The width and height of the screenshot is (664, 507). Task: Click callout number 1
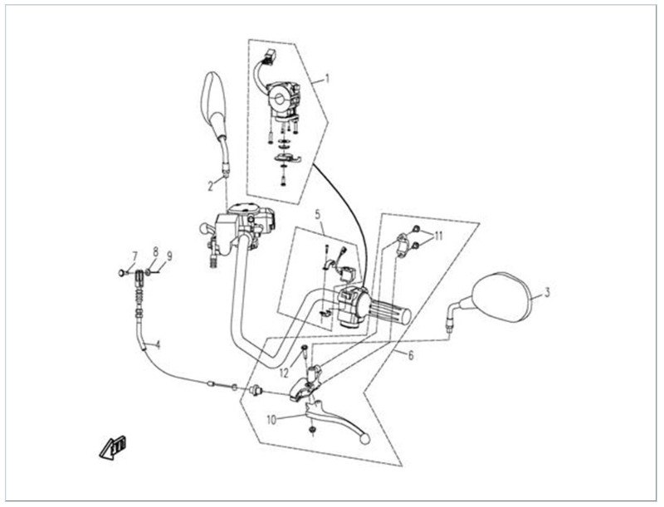tap(327, 80)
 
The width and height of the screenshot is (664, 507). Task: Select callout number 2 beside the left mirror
tap(211, 187)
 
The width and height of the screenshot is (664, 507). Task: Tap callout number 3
tap(547, 293)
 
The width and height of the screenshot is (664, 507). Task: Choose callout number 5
tap(317, 214)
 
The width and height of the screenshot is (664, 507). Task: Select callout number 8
tap(155, 251)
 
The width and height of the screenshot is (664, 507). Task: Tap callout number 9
tap(168, 256)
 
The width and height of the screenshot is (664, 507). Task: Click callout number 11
tap(438, 236)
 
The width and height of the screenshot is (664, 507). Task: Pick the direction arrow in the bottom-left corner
tap(112, 447)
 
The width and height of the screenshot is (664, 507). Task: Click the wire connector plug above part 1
tap(267, 60)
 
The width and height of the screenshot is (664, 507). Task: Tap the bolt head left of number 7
tap(122, 271)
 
